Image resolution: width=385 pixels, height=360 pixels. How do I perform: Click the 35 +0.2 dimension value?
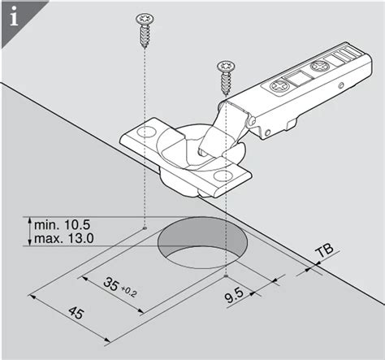click(120, 286)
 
